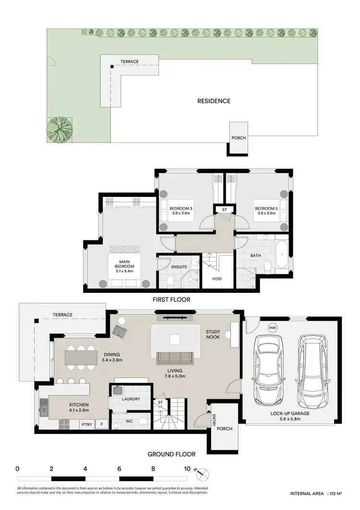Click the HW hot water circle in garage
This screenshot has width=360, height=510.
273,328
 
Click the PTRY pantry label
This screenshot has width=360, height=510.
87,424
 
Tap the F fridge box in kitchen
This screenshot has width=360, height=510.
102,424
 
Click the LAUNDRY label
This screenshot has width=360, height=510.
131,399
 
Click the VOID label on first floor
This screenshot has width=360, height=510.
217,279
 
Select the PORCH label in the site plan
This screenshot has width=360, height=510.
239,138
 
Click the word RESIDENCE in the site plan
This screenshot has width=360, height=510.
214,101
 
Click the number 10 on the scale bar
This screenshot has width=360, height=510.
187,468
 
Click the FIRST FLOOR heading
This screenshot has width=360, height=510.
172,299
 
